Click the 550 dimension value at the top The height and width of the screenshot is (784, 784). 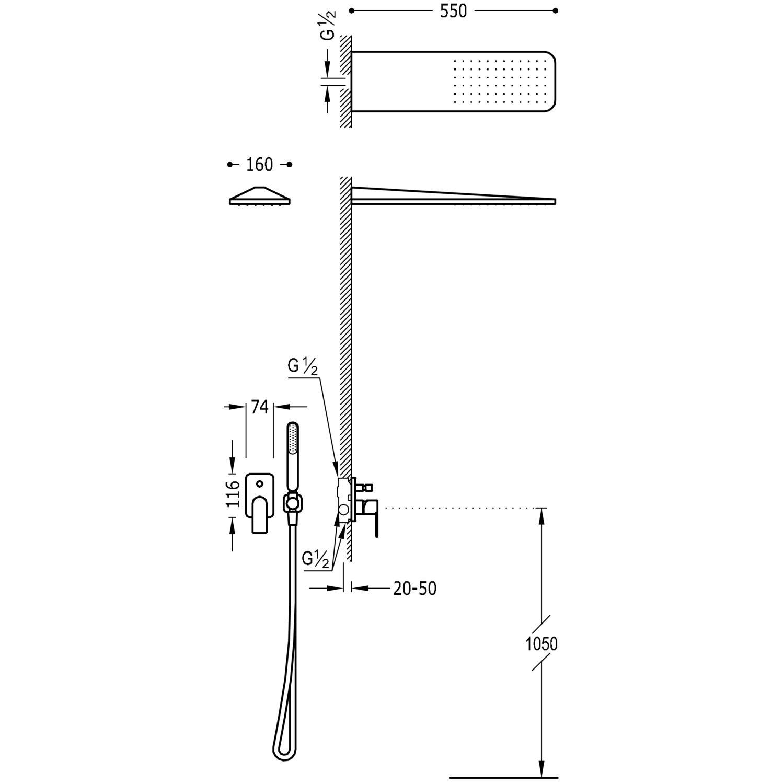453,11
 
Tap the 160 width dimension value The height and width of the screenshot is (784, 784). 260,165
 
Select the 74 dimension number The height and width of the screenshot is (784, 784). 260,406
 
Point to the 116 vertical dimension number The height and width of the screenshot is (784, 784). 233,494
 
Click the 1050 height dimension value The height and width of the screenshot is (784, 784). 541,644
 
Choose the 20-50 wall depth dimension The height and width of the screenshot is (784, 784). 414,589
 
